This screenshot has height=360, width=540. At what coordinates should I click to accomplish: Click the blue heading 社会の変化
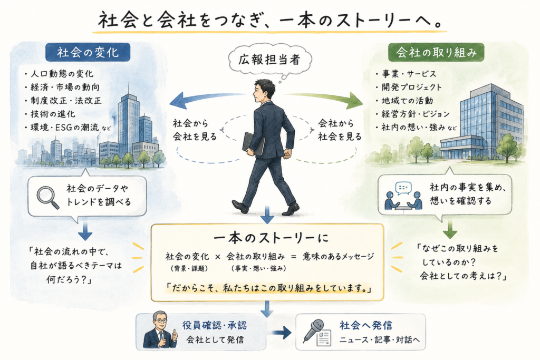click(88, 52)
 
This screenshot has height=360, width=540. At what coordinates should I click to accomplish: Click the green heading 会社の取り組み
click(436, 52)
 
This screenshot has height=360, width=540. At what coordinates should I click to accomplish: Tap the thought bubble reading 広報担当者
click(269, 60)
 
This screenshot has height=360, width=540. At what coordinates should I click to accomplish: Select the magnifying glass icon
click(48, 197)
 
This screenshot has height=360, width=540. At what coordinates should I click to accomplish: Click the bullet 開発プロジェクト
click(409, 87)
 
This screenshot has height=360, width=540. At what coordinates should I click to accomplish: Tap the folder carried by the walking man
click(254, 143)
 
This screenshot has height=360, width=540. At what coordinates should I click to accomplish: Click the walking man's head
click(264, 91)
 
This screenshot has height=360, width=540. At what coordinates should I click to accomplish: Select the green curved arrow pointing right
click(324, 98)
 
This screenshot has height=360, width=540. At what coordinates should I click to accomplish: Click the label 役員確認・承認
click(215, 325)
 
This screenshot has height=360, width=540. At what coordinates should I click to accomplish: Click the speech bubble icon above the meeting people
click(403, 188)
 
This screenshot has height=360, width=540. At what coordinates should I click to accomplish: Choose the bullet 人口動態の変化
click(59, 74)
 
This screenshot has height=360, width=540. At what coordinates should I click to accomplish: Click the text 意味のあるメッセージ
click(338, 256)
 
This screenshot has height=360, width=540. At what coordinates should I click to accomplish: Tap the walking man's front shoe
click(291, 209)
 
